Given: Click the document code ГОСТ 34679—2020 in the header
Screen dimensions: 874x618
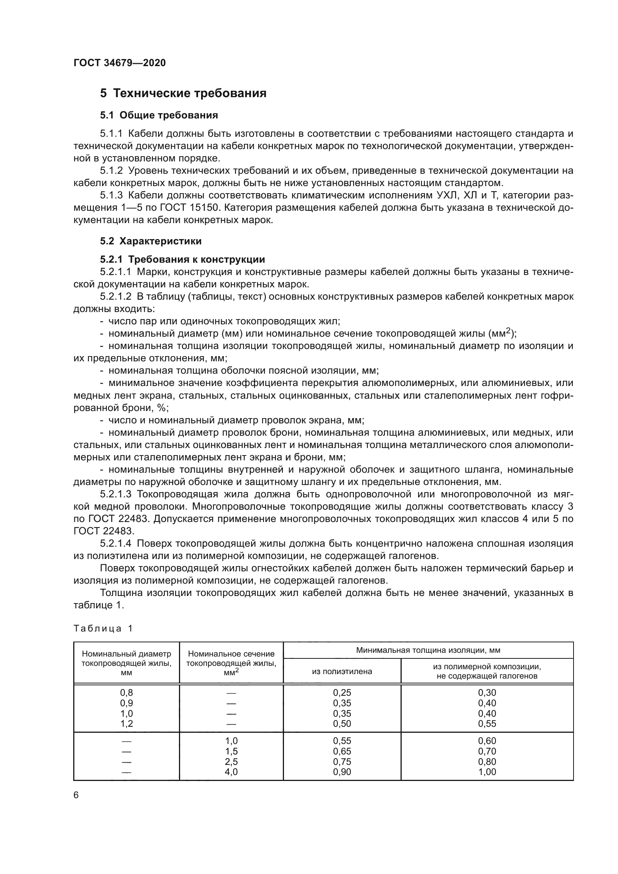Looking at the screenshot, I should click(120, 63).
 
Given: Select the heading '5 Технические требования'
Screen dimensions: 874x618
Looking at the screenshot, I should click(183, 93).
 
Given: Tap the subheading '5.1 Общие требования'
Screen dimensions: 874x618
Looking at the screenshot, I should click(159, 115).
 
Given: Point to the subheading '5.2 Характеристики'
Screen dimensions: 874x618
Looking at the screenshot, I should click(151, 241).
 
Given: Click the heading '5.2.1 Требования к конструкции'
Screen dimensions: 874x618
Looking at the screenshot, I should click(182, 259).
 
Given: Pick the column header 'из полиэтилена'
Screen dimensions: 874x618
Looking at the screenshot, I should click(342, 671).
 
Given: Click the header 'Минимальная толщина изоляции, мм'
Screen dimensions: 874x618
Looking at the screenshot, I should click(428, 650).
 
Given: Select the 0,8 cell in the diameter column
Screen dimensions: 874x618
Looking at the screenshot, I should click(126, 693).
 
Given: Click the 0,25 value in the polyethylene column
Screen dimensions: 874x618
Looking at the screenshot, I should click(342, 693).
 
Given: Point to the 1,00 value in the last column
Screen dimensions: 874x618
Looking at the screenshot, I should click(487, 772).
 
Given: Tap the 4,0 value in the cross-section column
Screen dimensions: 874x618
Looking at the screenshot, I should click(231, 772).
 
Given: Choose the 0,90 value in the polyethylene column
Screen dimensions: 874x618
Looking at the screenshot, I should click(342, 772).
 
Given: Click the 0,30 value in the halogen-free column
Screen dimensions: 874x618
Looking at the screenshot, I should click(487, 693).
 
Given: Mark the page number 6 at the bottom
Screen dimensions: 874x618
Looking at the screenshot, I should click(76, 795).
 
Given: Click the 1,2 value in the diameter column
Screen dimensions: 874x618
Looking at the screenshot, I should click(126, 724).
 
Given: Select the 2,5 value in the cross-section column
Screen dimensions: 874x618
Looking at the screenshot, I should click(231, 761).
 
